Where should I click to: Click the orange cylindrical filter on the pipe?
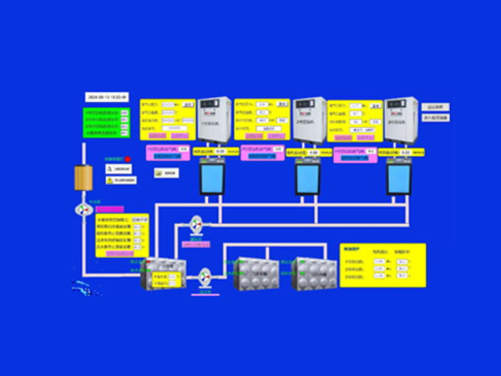tap(82, 177)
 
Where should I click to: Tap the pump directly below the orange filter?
tap(82, 210)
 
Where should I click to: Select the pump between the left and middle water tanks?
tap(205, 275)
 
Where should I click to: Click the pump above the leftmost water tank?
tap(197, 224)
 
